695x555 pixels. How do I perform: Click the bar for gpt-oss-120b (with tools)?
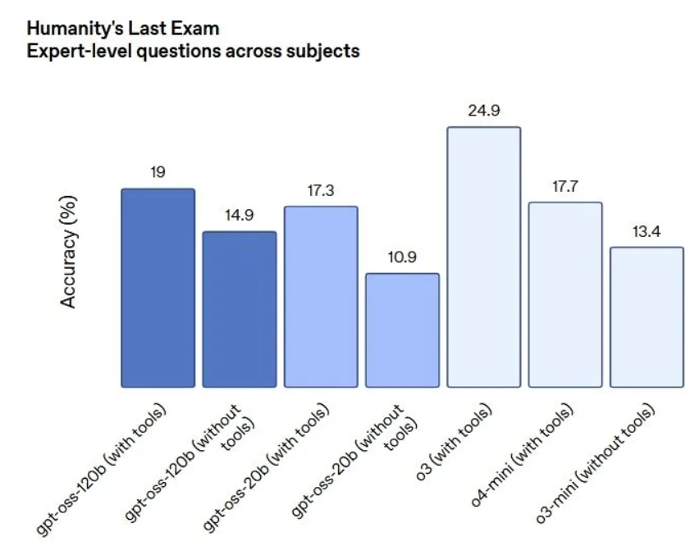click(x=158, y=288)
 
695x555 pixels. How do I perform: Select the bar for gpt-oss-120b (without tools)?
click(x=240, y=309)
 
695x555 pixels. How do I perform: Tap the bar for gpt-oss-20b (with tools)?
click(x=321, y=297)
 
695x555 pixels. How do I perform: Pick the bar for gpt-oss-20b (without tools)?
click(x=402, y=330)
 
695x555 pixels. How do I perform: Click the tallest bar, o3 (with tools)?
click(x=483, y=257)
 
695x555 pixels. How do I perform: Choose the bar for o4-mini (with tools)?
click(x=565, y=294)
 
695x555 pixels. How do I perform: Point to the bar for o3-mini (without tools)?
click(x=647, y=316)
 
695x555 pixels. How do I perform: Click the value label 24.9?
click(x=484, y=110)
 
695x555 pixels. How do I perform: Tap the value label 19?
click(x=158, y=172)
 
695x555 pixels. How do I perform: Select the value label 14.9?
click(x=240, y=215)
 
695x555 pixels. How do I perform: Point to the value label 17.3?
click(x=321, y=189)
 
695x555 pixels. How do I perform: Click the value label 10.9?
click(x=402, y=257)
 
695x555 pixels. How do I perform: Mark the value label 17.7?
click(x=565, y=185)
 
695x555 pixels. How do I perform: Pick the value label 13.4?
click(x=647, y=230)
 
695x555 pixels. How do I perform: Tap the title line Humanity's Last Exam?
click(x=112, y=29)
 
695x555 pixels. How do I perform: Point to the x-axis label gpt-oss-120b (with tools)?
click(x=102, y=471)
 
